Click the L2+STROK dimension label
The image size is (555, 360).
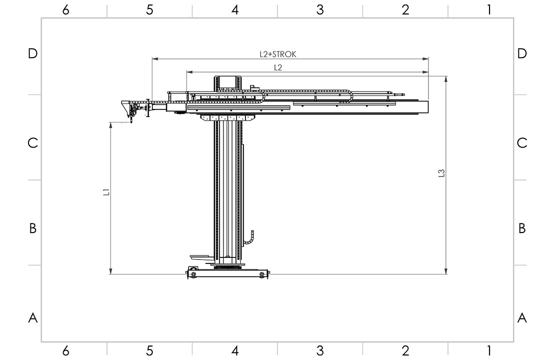(278, 54)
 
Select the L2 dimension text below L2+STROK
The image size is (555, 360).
(278, 67)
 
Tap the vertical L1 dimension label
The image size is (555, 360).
(106, 192)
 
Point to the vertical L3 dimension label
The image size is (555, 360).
(441, 173)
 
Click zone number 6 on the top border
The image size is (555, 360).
(66, 10)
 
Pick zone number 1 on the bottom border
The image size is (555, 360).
(489, 350)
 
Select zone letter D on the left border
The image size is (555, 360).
(32, 53)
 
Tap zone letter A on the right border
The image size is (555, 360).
(522, 317)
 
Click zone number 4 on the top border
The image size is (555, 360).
(235, 10)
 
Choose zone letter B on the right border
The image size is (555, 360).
(522, 228)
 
